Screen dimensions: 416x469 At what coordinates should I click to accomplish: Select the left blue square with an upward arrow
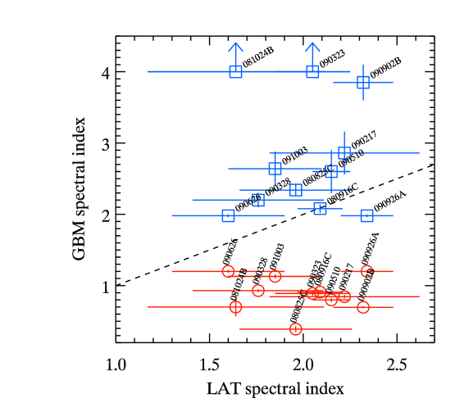tap(235, 71)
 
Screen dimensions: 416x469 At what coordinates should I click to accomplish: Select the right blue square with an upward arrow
tap(312, 71)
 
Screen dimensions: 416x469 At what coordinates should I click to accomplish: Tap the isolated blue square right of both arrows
tap(363, 82)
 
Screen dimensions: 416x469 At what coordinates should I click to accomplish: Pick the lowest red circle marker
tap(296, 329)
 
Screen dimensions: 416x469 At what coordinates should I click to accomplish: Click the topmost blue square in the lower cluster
tap(344, 153)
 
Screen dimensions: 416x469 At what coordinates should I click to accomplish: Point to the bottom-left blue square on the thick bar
tap(228, 215)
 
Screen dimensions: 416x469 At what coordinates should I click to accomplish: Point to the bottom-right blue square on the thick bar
tap(367, 215)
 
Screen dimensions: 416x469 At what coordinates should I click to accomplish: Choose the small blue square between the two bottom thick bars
tap(320, 209)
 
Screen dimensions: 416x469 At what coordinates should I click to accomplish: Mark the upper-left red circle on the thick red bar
tap(228, 271)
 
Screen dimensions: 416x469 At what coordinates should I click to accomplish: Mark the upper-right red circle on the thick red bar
tap(367, 271)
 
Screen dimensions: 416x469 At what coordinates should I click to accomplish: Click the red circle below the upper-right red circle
tap(363, 307)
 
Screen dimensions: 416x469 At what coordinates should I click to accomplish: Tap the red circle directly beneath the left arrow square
tap(235, 307)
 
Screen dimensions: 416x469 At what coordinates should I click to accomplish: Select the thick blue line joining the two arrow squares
tap(274, 71)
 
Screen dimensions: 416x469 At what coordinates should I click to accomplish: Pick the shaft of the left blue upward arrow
tap(235, 56)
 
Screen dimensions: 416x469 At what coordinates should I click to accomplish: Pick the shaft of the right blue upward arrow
tap(312, 56)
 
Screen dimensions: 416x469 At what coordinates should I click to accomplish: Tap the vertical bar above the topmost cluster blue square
tap(344, 138)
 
